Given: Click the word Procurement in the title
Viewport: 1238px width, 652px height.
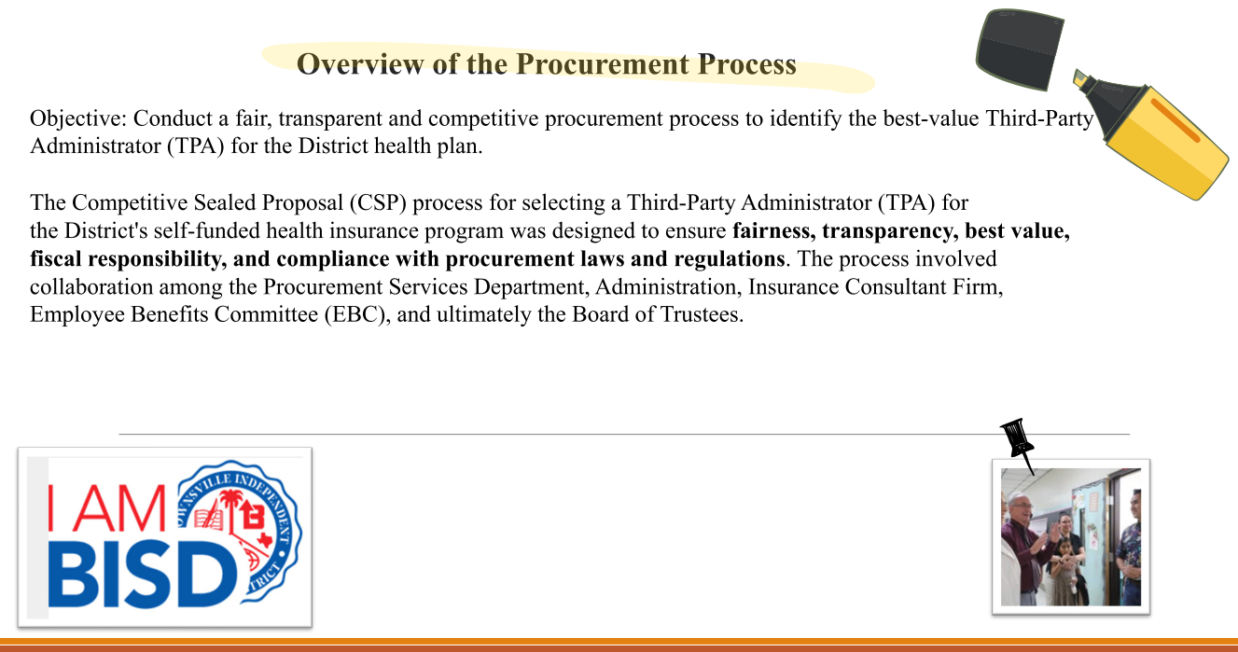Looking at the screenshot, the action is (x=602, y=64).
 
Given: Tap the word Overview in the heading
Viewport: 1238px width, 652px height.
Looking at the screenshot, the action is (x=361, y=64).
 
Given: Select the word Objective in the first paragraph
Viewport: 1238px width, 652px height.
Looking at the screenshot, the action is (x=78, y=119).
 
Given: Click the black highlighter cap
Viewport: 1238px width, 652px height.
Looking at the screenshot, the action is (x=1021, y=49).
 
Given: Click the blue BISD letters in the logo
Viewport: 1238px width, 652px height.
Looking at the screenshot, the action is (x=143, y=576).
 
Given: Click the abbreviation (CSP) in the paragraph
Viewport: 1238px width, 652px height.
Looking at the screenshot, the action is (x=378, y=202).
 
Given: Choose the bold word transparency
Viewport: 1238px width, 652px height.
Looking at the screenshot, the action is (x=890, y=231).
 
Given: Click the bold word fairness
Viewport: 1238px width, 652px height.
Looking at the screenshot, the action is (x=773, y=231).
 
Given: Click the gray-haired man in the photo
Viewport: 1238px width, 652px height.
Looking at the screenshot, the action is (x=1023, y=547).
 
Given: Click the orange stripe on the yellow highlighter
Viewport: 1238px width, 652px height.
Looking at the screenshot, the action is (x=1175, y=120).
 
